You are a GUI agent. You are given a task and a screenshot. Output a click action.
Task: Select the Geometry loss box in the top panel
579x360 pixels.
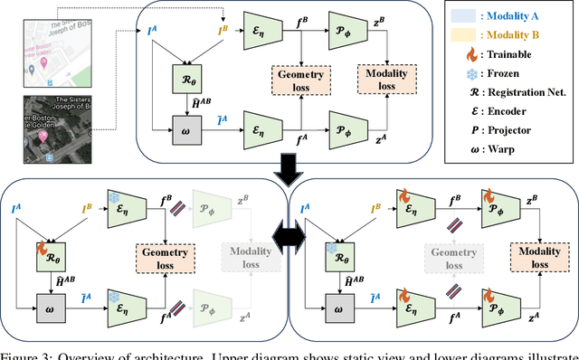click(x=298, y=81)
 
